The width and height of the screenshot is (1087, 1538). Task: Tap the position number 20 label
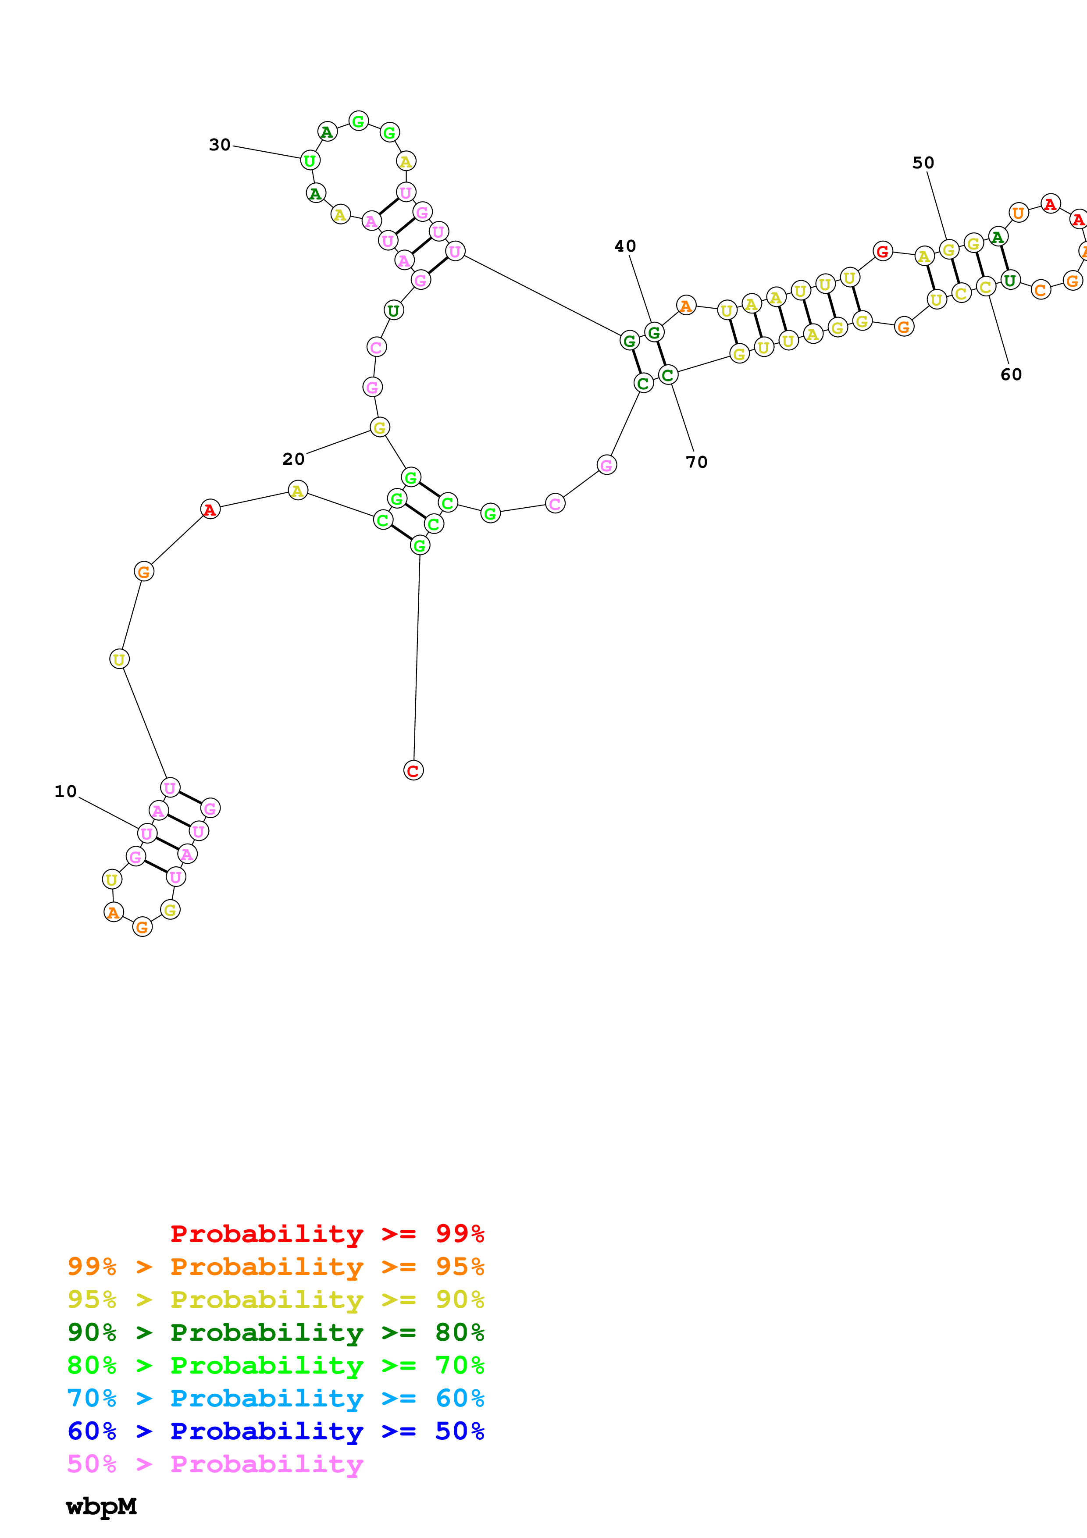pos(293,459)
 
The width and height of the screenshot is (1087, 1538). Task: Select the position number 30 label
pos(220,145)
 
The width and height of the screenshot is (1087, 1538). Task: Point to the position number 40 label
pos(625,246)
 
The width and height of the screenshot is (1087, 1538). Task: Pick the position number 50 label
pos(923,163)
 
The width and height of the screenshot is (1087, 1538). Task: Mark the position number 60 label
pos(1011,374)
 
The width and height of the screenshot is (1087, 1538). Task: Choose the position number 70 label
pos(697,462)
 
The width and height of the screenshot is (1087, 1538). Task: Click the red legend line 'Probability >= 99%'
pos(327,1233)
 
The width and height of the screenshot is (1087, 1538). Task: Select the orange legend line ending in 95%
pos(275,1266)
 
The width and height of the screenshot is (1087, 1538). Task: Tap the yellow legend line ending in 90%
pos(275,1299)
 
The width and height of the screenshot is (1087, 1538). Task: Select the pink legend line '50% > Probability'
pos(215,1463)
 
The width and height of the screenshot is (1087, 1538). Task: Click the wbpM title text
pos(101,1506)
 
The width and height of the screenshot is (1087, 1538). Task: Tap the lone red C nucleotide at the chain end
pos(413,770)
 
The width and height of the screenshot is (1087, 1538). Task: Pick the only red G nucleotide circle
pos(883,251)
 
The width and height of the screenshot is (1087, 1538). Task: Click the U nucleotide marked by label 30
pos(310,161)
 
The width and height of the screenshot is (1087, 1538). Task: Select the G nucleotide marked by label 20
pos(380,427)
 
